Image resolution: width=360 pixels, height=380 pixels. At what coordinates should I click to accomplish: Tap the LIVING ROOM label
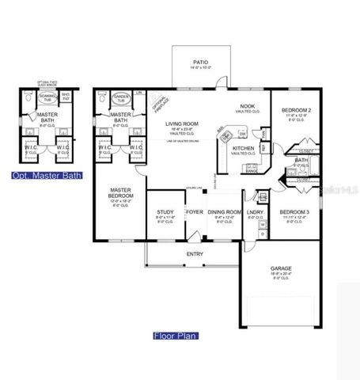[x=181, y=124]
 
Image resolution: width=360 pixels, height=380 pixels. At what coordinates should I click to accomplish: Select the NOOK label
[x=247, y=105]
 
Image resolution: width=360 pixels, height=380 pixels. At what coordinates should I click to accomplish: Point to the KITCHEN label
[x=242, y=148]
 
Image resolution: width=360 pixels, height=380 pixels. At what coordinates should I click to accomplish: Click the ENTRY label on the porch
[x=194, y=253]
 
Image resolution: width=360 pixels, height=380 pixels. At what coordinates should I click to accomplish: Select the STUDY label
[x=165, y=213]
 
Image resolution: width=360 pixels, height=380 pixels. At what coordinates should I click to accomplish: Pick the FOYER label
[x=194, y=213]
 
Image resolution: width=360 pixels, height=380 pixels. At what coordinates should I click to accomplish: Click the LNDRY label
[x=255, y=213]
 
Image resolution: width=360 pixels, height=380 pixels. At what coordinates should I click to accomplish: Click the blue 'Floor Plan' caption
[x=176, y=335]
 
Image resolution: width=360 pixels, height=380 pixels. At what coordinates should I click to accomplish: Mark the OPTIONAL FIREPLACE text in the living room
[x=157, y=102]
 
